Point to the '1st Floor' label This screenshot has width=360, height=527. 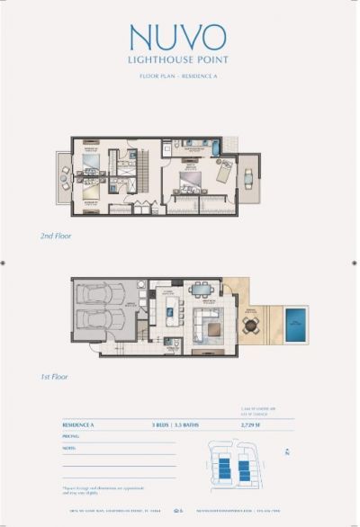pos(78,377)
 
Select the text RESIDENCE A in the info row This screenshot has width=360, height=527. pos(80,423)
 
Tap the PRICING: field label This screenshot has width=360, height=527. pos(71,435)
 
